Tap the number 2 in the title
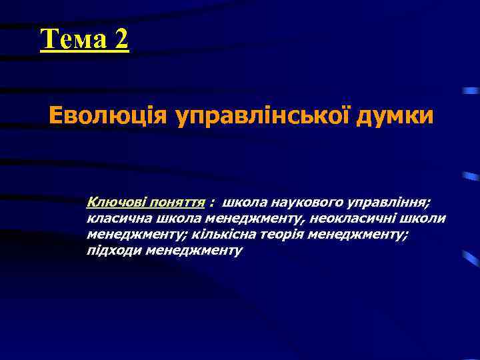pos(121,40)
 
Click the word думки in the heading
pos(396,116)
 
